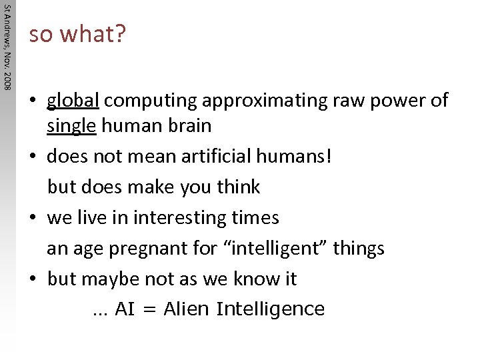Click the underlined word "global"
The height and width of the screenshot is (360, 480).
73,101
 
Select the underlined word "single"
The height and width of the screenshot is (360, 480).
71,125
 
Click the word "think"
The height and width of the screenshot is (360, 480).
238,187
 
